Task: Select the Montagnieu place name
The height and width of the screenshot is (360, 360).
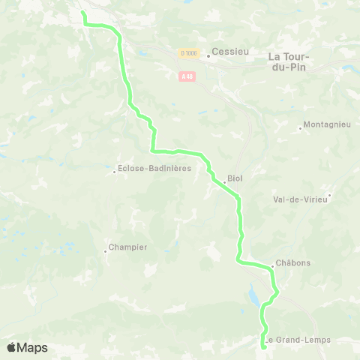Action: coord(328,126)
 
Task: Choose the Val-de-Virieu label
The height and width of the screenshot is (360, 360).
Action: coord(300,199)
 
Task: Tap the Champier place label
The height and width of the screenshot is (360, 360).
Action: coord(128,247)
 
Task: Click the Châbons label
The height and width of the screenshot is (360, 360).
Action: coord(293,263)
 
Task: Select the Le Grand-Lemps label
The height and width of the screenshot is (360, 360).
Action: coord(299,340)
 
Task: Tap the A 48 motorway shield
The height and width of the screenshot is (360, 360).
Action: coord(187,76)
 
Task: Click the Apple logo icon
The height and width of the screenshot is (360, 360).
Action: coord(12,347)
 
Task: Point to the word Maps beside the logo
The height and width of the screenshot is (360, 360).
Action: coord(33,348)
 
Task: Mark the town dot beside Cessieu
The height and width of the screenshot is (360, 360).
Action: coord(208,54)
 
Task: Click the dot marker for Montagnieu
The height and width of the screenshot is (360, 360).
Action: coord(300,128)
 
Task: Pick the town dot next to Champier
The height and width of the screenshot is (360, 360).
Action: coord(106,251)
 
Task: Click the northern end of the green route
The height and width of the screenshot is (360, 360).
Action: coord(82,13)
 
